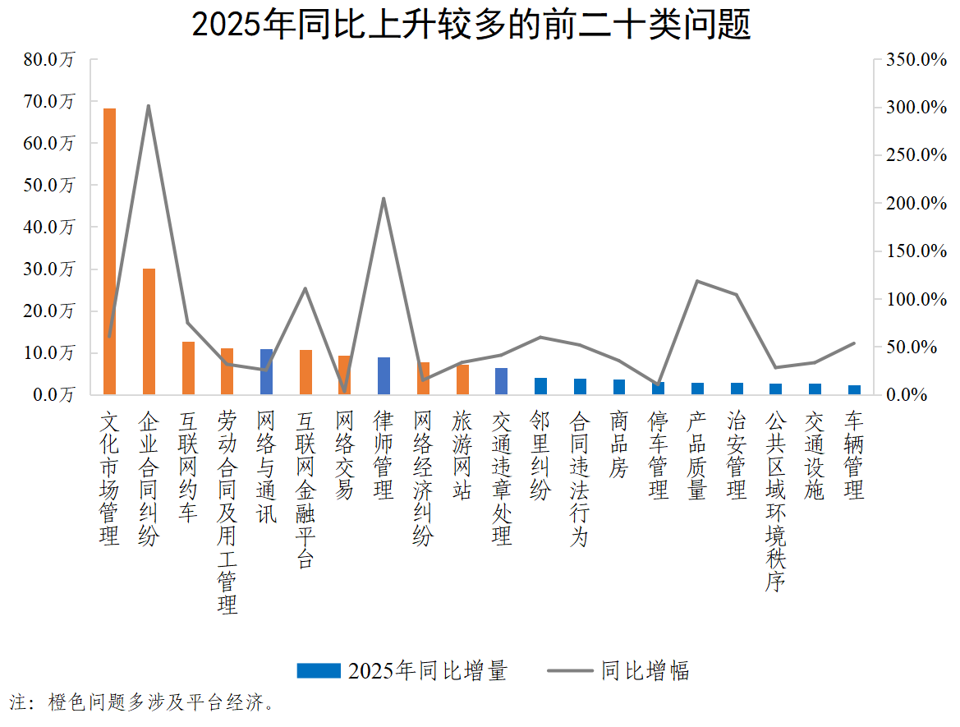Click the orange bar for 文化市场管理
click(109, 251)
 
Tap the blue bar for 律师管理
click(384, 375)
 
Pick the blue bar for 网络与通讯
click(266, 371)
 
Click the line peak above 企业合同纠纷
click(149, 106)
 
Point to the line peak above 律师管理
click(384, 198)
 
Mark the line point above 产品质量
click(697, 281)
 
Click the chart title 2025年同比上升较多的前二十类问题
click(471, 25)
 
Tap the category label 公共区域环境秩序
click(775, 501)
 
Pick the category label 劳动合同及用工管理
click(227, 513)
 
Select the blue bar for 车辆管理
click(854, 389)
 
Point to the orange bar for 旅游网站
click(462, 380)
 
